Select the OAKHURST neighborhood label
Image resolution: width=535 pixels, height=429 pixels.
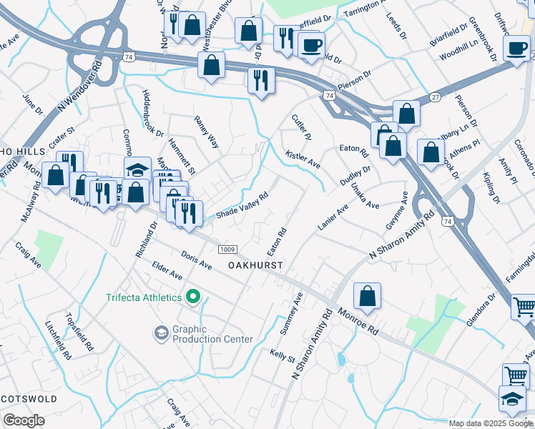[x=255, y=265]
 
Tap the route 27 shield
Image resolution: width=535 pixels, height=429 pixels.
[x=435, y=97]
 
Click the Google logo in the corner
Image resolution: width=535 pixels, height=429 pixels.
[x=24, y=420]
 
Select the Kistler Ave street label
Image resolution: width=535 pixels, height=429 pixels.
[x=303, y=159]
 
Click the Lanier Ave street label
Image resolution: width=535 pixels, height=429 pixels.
[x=333, y=217]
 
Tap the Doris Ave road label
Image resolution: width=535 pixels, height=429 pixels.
[x=197, y=260]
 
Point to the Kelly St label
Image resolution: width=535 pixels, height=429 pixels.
[x=282, y=355]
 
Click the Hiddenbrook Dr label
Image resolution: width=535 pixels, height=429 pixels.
[x=153, y=114]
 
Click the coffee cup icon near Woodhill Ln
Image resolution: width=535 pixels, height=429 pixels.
[x=517, y=49]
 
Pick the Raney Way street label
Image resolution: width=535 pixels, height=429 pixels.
[x=206, y=132]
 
